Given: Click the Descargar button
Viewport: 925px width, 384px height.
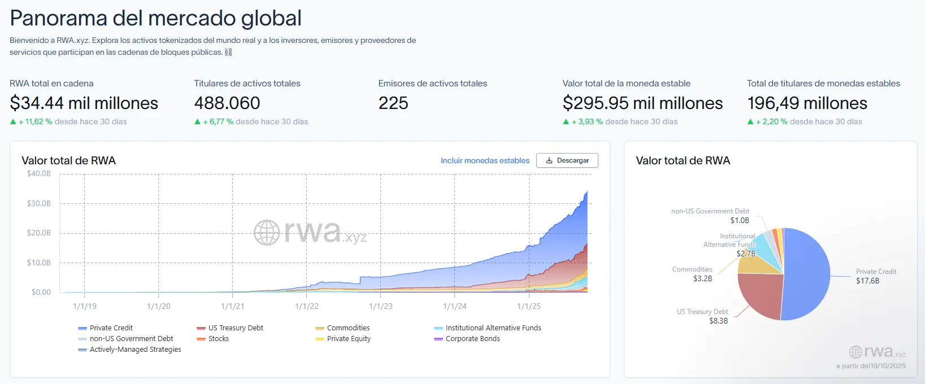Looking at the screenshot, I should [567, 160].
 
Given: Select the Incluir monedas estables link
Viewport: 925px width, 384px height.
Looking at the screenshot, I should [485, 160].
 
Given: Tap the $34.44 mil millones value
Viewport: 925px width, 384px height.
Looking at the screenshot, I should [84, 103].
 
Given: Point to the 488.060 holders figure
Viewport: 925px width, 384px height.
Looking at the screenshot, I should [227, 103].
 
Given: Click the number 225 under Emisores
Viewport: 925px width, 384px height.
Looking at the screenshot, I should [393, 103].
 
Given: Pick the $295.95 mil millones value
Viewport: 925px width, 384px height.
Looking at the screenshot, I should [642, 103].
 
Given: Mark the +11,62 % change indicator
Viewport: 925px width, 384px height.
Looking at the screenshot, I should [36, 121].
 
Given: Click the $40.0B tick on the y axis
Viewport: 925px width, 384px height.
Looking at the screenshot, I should [39, 174].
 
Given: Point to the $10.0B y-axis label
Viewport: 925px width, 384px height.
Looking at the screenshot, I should [39, 263].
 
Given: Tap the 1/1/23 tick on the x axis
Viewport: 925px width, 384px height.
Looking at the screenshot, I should [380, 306].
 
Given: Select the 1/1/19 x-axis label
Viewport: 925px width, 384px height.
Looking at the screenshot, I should [85, 306].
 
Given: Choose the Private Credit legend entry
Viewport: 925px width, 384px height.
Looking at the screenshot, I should [111, 328].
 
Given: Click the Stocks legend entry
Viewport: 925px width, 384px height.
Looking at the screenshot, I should [218, 339].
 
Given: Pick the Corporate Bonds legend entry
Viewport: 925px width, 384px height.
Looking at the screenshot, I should [472, 339].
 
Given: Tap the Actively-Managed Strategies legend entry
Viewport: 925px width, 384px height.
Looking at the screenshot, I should [135, 350].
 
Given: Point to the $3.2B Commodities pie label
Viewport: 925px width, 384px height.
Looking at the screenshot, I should [702, 278].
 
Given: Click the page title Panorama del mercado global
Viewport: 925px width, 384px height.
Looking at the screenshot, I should [155, 18].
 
